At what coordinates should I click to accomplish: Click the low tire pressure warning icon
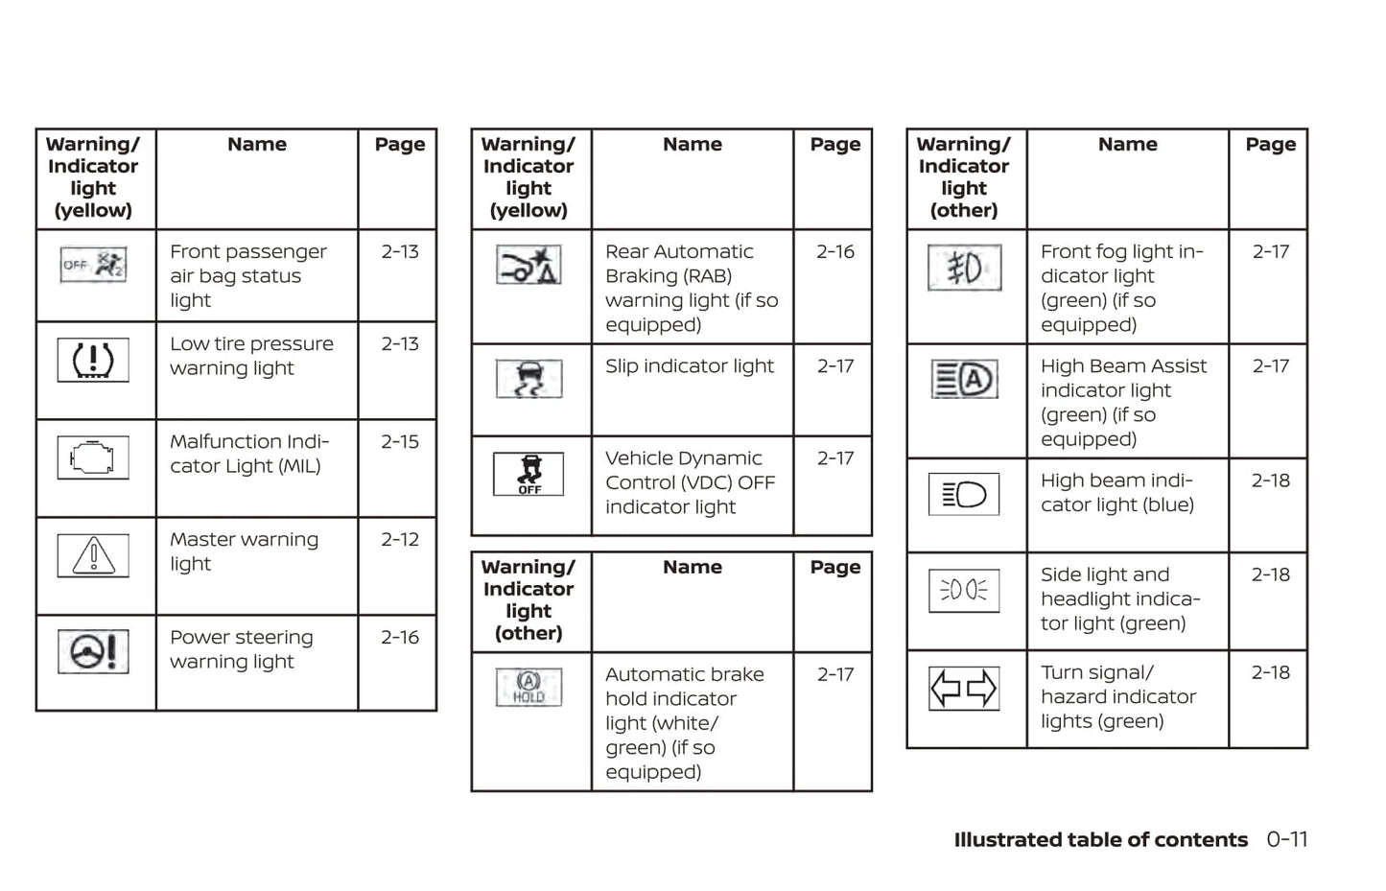[93, 361]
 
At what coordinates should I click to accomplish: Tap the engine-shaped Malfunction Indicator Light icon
[93, 457]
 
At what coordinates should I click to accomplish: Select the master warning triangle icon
[93, 555]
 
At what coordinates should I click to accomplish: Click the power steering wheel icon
[93, 652]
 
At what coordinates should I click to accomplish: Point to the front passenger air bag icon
[93, 265]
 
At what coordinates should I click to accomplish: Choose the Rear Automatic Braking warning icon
[529, 266]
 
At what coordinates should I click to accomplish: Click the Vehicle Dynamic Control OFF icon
[529, 474]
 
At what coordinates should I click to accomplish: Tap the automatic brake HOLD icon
[529, 687]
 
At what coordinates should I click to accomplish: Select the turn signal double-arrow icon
[964, 689]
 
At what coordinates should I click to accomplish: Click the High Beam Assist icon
[964, 379]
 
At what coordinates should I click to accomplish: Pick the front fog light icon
[964, 268]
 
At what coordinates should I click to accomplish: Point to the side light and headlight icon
[964, 590]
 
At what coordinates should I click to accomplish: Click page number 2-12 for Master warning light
[400, 540]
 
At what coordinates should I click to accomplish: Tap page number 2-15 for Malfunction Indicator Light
[400, 442]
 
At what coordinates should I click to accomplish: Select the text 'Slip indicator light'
[689, 366]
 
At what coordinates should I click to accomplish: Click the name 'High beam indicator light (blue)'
[1116, 493]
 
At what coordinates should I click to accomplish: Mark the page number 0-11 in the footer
[1286, 839]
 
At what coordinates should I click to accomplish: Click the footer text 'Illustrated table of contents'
[1100, 840]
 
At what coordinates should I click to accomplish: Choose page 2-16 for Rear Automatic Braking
[834, 252]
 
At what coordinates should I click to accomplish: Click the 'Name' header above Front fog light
[1127, 145]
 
